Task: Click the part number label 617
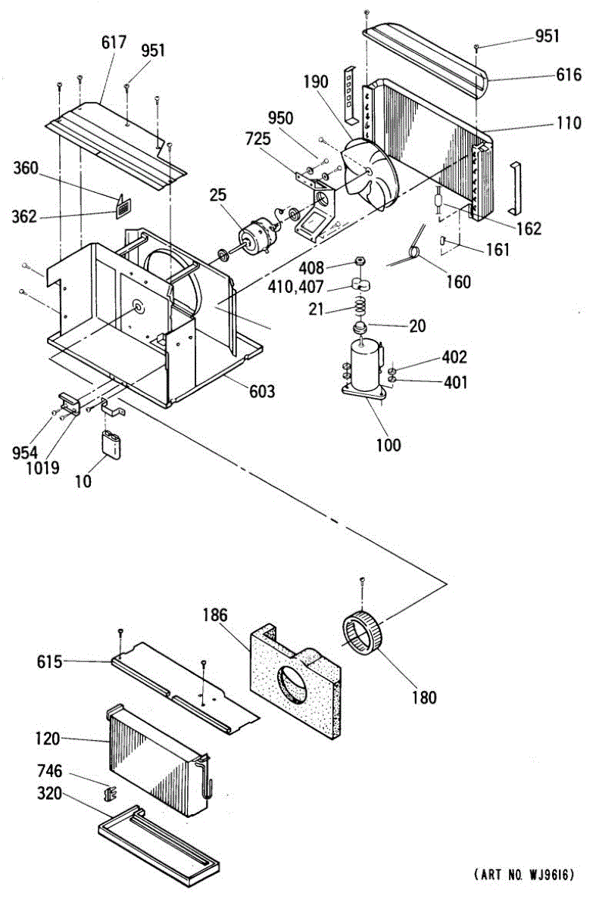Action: (x=114, y=42)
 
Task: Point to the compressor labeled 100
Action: (x=366, y=367)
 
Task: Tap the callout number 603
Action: (x=262, y=391)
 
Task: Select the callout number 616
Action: (x=568, y=74)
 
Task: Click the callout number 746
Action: (x=50, y=772)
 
